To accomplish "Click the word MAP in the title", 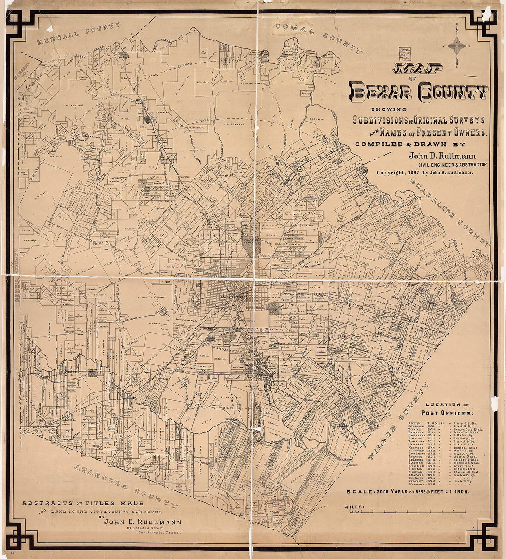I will [x=418, y=69].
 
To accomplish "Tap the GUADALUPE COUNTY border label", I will [x=448, y=210].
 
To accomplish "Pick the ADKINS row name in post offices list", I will [x=414, y=422].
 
